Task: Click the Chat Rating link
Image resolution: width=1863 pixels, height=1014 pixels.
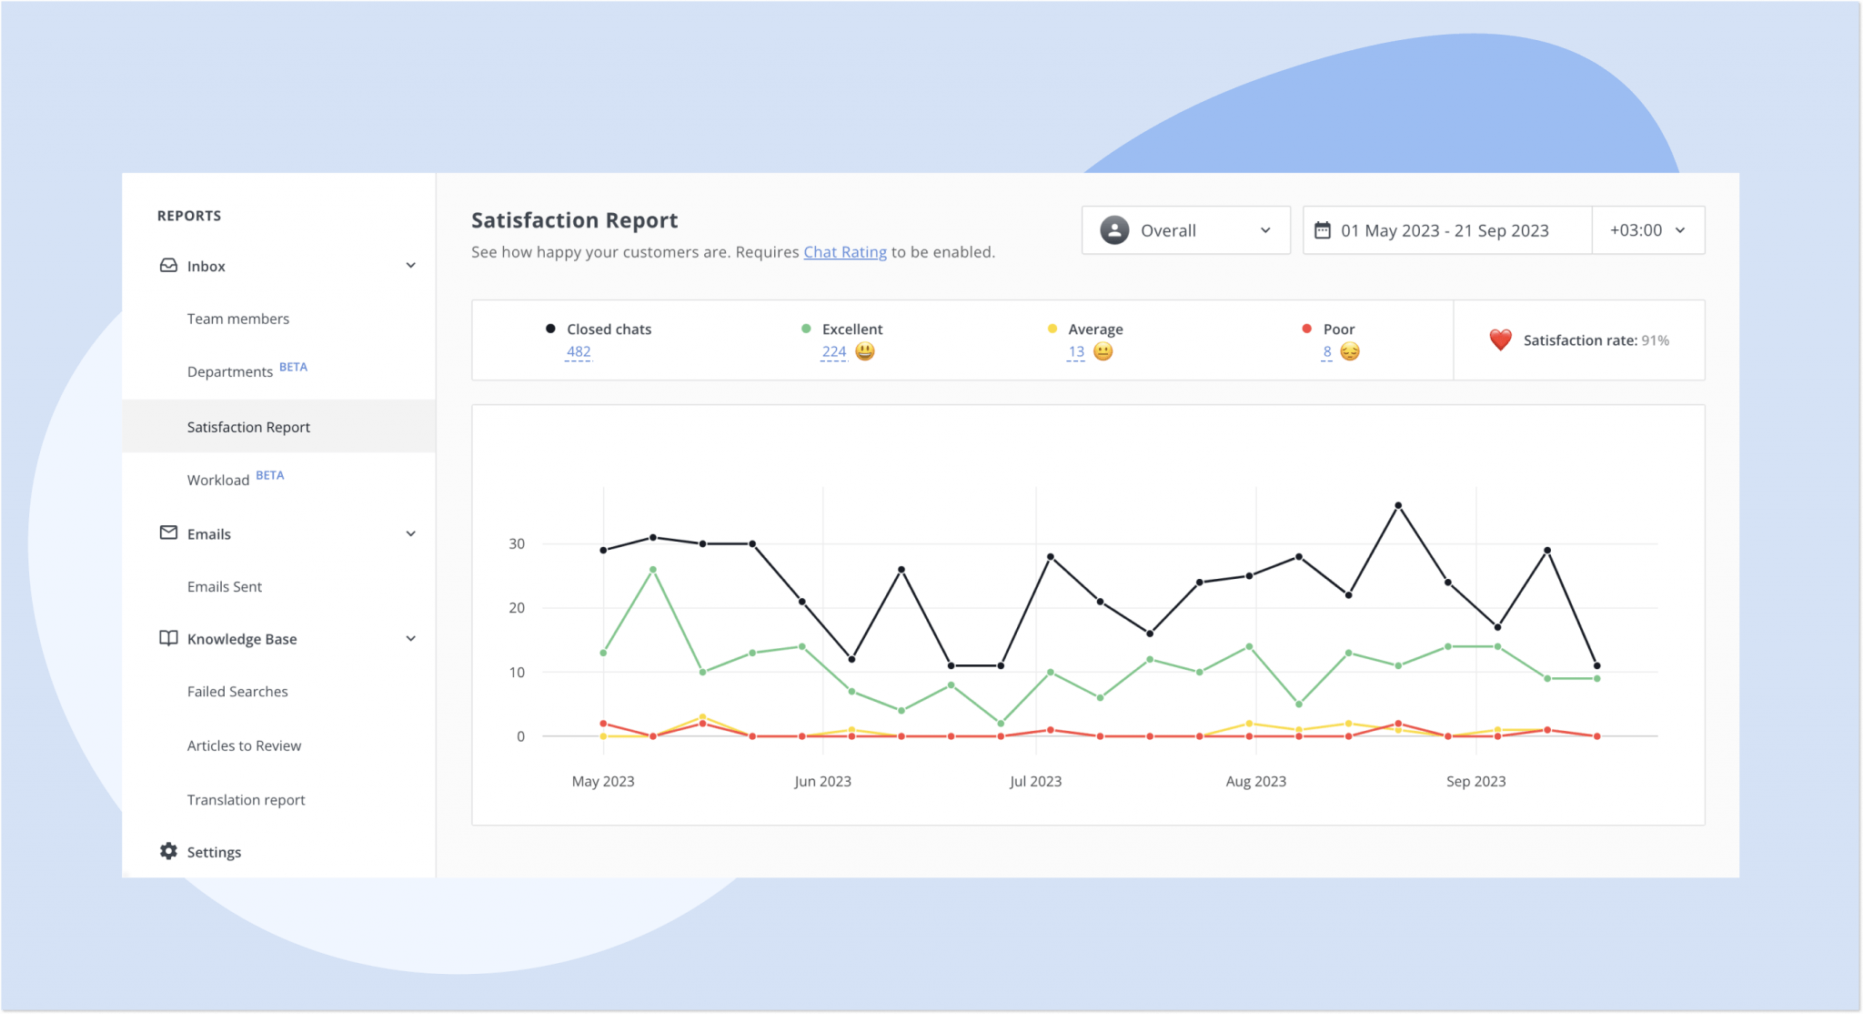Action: coord(844,252)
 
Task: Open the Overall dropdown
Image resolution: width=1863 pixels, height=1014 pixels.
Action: coord(1184,230)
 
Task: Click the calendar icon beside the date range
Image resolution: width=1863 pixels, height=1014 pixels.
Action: coord(1323,230)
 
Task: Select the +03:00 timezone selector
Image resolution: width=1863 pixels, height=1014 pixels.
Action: coord(1647,230)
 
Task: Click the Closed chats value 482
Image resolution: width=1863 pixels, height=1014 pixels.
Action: coord(579,351)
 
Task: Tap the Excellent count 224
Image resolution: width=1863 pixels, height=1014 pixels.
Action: coord(833,351)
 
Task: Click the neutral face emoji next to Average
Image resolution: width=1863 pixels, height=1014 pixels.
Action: coord(1103,351)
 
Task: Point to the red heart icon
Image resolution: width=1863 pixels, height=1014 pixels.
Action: coord(1500,340)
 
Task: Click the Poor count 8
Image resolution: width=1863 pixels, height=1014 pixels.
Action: coord(1327,351)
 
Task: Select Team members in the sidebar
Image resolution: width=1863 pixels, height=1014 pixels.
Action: coord(238,319)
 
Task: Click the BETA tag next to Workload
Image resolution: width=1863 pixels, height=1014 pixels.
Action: coord(270,475)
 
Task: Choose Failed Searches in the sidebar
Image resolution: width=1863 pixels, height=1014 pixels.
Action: coord(237,692)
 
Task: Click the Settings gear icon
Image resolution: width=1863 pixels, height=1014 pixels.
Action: coord(168,851)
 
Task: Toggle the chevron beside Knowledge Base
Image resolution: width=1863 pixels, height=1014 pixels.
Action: coord(410,639)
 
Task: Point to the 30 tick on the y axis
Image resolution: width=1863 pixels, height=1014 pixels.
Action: coord(517,543)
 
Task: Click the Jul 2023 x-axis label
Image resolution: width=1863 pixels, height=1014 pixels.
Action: coord(1035,781)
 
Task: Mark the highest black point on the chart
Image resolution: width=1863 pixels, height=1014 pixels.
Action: coord(1398,505)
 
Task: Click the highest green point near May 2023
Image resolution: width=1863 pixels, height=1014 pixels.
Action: coord(653,570)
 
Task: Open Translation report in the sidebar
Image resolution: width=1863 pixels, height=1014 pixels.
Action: coord(246,800)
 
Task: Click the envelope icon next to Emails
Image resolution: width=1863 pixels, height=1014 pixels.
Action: coord(168,532)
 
